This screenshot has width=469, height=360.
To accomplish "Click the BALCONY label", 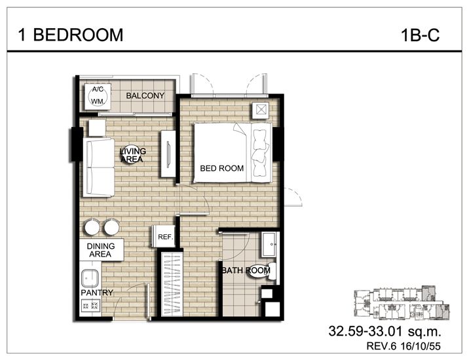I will pos(145,96).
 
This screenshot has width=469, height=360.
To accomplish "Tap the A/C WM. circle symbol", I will pos(98,96).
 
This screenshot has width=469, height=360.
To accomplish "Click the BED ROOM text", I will pos(221,169).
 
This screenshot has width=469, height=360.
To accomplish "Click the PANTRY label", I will pos(97,293).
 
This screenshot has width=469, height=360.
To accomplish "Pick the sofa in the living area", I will pos(99,167).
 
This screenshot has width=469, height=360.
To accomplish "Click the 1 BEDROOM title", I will pos(71,35).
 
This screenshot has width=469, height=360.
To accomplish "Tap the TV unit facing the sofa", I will pos(168,153).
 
